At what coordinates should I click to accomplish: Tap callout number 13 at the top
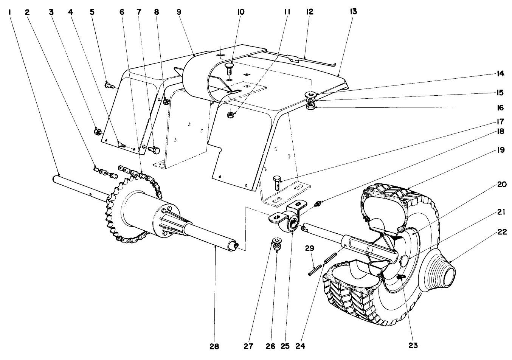[x=353, y=12]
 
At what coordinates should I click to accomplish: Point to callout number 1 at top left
[x=8, y=12]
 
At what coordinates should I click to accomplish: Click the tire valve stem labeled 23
[x=401, y=278]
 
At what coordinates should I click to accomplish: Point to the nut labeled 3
[x=97, y=132]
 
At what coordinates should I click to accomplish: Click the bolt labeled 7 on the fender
[x=155, y=150]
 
